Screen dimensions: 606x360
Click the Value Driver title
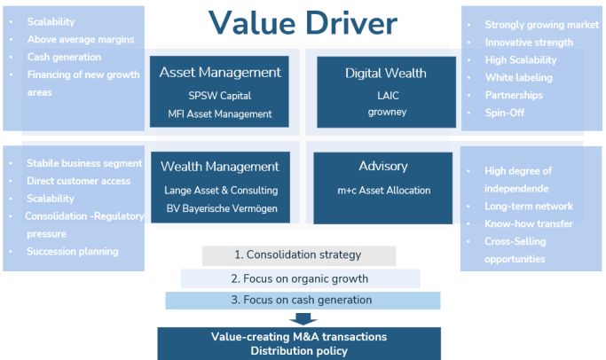click(x=303, y=23)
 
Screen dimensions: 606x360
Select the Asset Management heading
click(x=220, y=73)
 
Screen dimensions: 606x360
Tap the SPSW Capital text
click(x=219, y=96)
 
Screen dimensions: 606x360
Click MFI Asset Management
click(x=219, y=114)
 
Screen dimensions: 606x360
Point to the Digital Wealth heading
click(x=386, y=73)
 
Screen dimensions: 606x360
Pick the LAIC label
click(x=388, y=96)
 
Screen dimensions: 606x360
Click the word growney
click(x=387, y=113)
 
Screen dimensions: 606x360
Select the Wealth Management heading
click(x=219, y=167)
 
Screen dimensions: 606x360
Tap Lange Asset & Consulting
click(x=221, y=191)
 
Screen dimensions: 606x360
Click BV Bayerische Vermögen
click(x=222, y=208)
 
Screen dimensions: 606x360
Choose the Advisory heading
click(x=383, y=167)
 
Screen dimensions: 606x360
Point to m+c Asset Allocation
click(x=384, y=191)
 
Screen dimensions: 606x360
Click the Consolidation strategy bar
click(x=299, y=255)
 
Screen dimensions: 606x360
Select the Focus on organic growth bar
click(x=300, y=278)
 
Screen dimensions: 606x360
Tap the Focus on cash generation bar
click(x=303, y=300)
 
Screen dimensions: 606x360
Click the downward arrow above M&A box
click(x=303, y=319)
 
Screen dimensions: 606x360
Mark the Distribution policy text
click(x=299, y=351)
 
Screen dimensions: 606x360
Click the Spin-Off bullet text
click(x=504, y=113)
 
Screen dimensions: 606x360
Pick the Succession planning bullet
click(x=73, y=252)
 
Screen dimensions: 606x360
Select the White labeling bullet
click(x=519, y=78)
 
